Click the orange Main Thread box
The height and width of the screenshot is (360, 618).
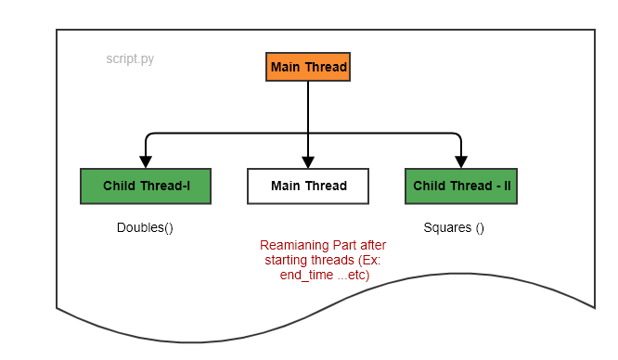point(308,67)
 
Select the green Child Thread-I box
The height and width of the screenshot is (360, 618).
point(146,186)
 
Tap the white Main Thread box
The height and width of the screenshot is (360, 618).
point(308,186)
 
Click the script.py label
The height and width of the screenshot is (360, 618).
point(130,58)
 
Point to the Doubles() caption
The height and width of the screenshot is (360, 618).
point(145,227)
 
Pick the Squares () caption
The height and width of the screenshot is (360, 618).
point(454,227)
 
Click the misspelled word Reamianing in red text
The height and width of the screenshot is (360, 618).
point(292,245)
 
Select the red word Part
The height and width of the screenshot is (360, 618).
point(342,245)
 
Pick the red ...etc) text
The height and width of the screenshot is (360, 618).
point(354,275)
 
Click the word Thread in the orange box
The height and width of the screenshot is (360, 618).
point(327,67)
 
